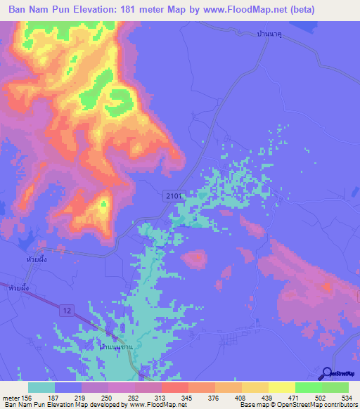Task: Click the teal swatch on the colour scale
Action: (x=41, y=387)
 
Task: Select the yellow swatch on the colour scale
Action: (x=282, y=387)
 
